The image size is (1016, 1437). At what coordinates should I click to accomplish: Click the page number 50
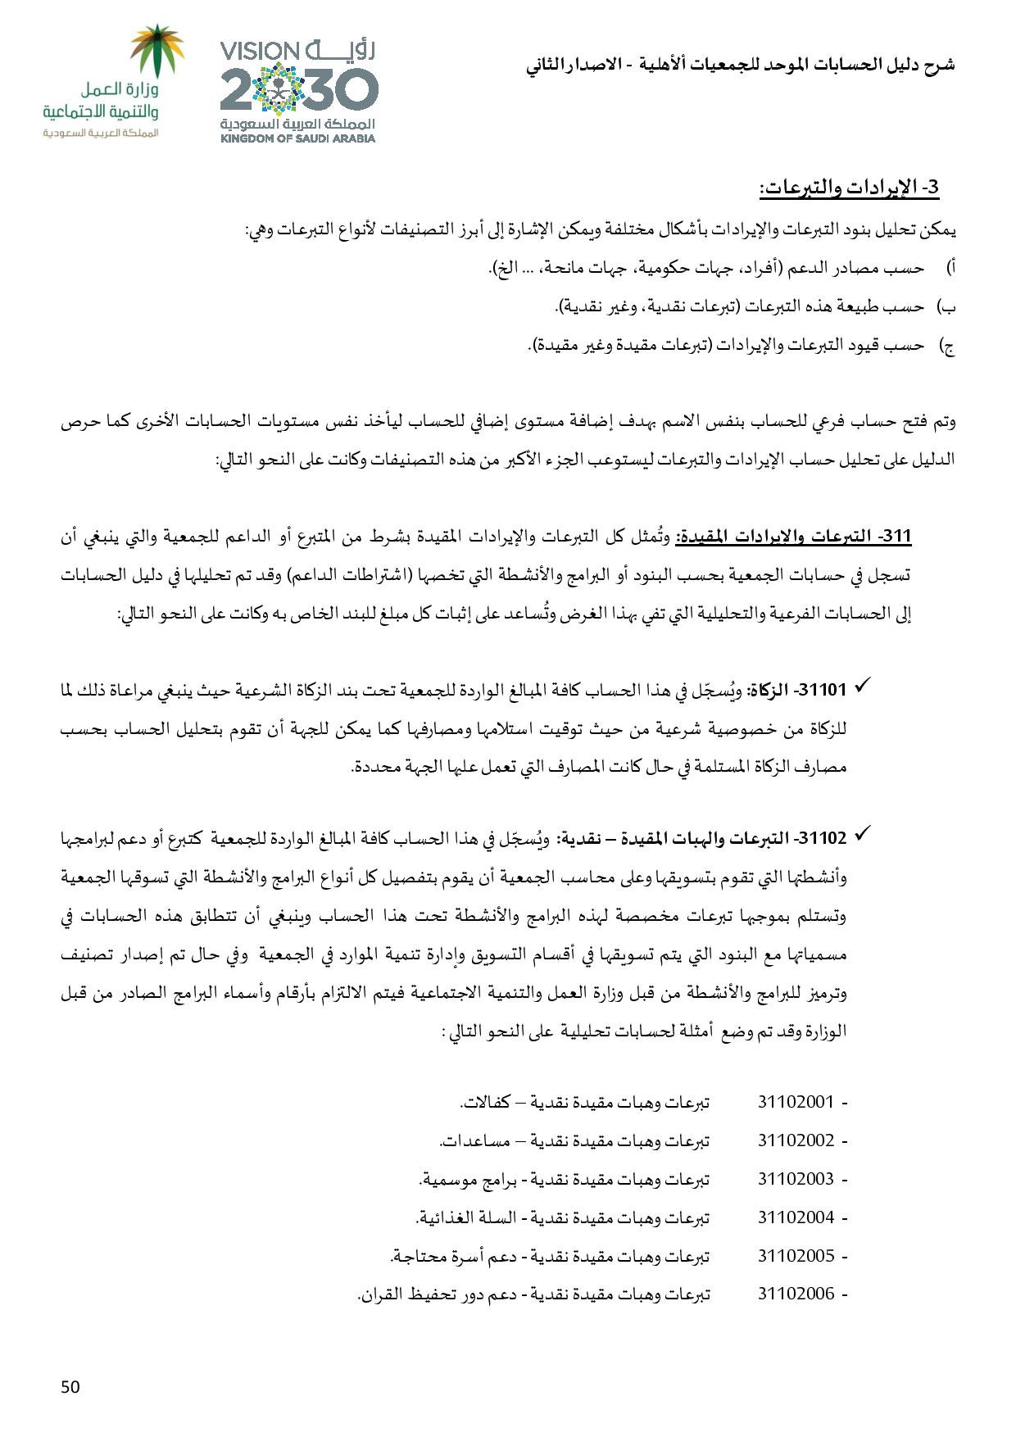pos(70,1387)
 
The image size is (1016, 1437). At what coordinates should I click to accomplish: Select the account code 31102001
pos(795,1102)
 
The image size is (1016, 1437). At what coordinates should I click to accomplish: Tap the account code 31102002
pos(795,1140)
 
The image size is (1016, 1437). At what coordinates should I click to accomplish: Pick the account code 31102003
pos(795,1179)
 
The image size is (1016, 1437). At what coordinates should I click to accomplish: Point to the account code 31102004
pos(795,1217)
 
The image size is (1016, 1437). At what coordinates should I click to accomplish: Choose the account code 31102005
pos(795,1256)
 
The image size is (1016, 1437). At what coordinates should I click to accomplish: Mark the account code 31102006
pos(795,1294)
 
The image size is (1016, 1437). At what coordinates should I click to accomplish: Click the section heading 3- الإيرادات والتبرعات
pos(848,188)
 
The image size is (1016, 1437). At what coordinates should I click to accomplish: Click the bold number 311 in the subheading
pos(897,537)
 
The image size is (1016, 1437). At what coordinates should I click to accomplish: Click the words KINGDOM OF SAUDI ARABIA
pos(298,138)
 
